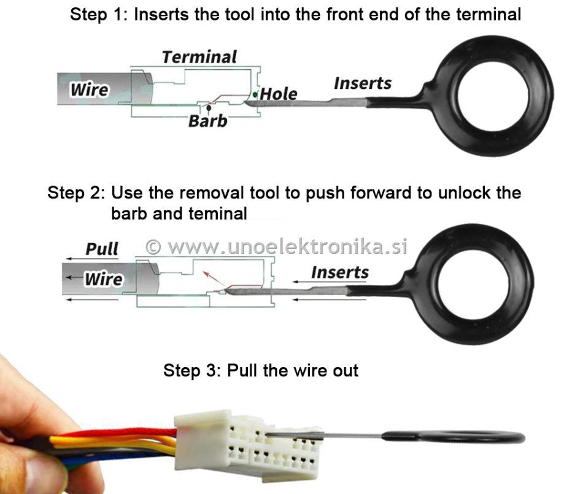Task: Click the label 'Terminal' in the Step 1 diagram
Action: click(x=199, y=57)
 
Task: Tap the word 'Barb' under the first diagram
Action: click(x=208, y=121)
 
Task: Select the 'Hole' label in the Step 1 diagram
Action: click(x=279, y=95)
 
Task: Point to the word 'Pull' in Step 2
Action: click(x=102, y=249)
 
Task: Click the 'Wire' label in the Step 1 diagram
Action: click(x=89, y=90)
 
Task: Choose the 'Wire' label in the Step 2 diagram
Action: click(x=104, y=279)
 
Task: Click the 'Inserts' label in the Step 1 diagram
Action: click(x=363, y=83)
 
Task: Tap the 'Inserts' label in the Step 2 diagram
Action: click(x=340, y=272)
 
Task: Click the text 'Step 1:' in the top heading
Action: click(x=99, y=15)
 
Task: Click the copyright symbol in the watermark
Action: click(x=153, y=247)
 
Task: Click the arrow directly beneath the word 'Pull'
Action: click(x=92, y=259)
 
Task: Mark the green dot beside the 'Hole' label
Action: click(x=255, y=95)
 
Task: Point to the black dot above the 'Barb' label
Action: click(x=209, y=107)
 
